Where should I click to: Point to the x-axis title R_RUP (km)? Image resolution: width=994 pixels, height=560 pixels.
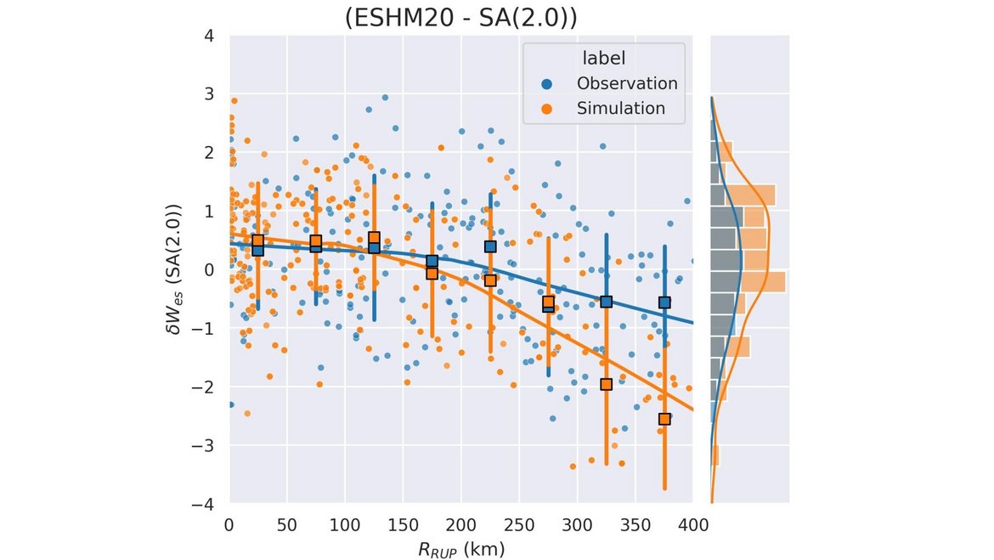click(460, 549)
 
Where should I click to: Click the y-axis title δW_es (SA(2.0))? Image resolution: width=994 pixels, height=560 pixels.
click(176, 269)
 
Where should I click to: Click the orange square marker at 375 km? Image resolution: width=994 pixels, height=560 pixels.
click(664, 419)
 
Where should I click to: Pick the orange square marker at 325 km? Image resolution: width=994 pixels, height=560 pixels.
click(607, 384)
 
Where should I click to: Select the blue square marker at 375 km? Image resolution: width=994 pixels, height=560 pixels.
click(664, 303)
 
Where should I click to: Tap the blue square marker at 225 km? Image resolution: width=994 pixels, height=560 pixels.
click(490, 246)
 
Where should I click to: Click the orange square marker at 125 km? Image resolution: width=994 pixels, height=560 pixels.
click(374, 238)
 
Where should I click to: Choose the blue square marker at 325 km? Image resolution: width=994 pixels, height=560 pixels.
click(607, 302)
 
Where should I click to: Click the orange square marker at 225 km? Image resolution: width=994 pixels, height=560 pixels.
click(490, 280)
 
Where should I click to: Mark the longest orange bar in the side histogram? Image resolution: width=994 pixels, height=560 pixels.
click(748, 281)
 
